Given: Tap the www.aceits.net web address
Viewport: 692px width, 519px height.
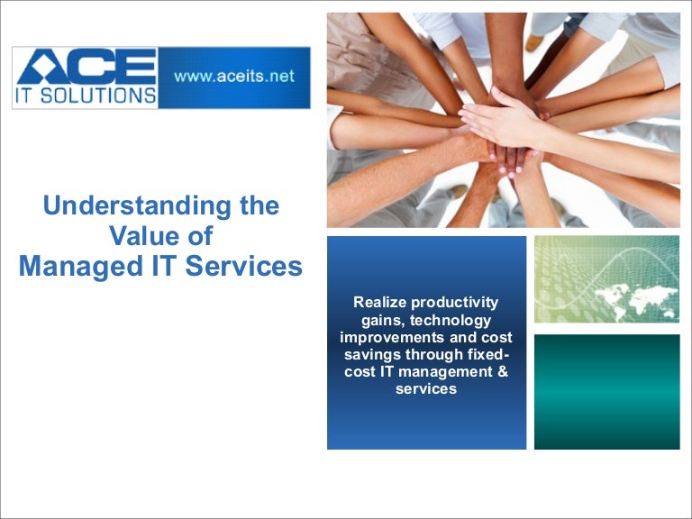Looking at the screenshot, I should [234, 77].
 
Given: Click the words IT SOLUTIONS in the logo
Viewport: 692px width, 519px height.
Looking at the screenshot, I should [86, 95].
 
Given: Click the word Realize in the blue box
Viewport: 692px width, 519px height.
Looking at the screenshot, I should [378, 304].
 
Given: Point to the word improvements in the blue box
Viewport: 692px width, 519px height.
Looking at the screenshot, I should [385, 338].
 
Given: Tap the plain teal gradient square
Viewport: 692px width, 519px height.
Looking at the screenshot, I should [606, 391].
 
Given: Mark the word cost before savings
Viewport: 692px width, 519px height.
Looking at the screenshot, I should [496, 338].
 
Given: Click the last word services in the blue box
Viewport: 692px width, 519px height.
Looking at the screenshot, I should [426, 389].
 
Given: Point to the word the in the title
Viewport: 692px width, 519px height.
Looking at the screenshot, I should [257, 205].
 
